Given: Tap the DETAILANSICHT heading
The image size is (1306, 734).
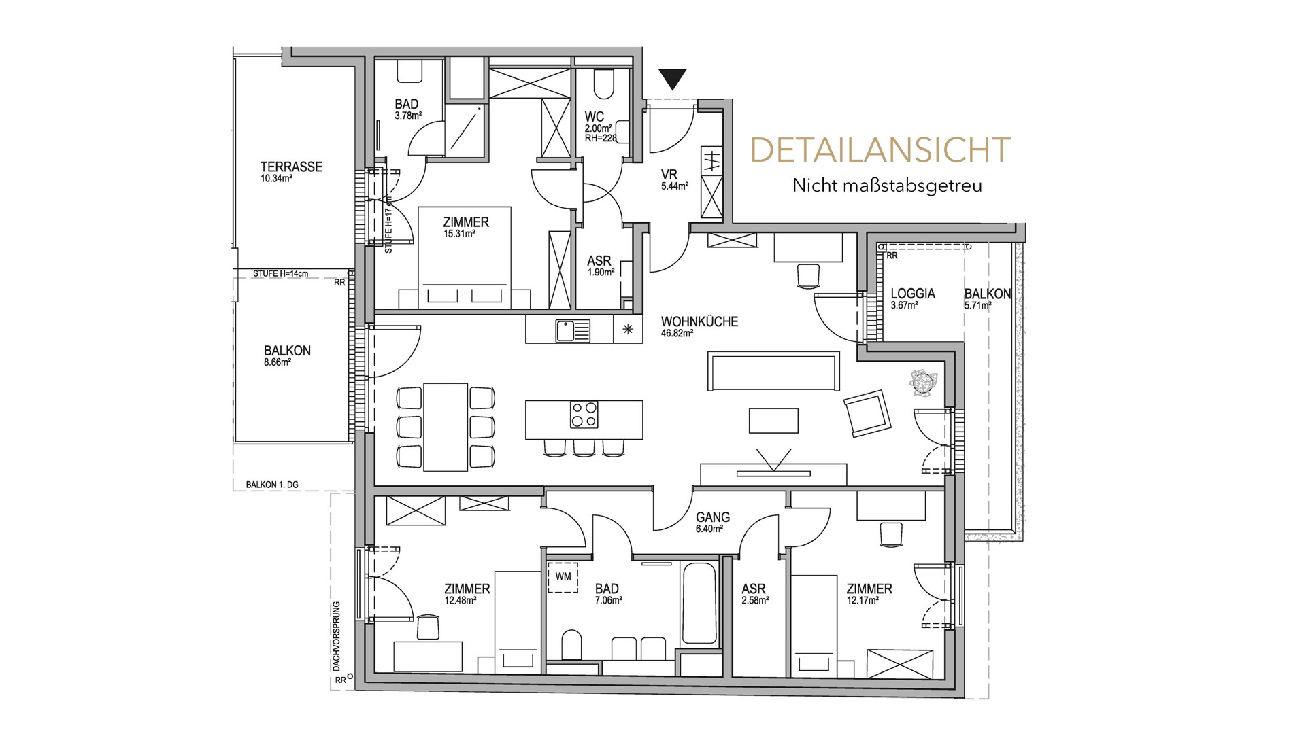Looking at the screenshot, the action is coord(880,150).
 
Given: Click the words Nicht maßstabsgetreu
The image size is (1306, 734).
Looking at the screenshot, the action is coord(887,185).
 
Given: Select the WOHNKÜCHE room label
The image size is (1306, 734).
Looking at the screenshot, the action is coord(699,321).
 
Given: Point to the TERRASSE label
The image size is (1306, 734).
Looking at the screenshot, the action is coord(291,167).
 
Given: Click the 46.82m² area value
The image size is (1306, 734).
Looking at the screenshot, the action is coord(677,334).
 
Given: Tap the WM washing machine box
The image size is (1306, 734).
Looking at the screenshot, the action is coord(563,577).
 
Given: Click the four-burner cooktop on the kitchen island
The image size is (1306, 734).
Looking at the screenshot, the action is coord(584,414).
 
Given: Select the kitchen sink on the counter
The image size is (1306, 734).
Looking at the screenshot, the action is coord(573,331).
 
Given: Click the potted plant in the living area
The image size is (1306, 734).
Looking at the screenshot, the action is coord(923,383).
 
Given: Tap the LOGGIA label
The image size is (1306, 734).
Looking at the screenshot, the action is coord(913,294).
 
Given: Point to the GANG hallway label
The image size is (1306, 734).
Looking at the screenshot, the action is coord(713,517).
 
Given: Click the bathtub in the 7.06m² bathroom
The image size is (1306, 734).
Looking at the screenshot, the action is coord(699,603).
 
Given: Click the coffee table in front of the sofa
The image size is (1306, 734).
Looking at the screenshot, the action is coord(773,420).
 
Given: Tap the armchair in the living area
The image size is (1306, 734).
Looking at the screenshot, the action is coord(867,413).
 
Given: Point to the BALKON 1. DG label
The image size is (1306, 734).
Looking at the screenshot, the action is coord(272,485).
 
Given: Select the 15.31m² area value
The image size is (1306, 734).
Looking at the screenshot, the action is coord(459,234).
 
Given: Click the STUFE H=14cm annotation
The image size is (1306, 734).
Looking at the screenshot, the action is coord(280,274).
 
